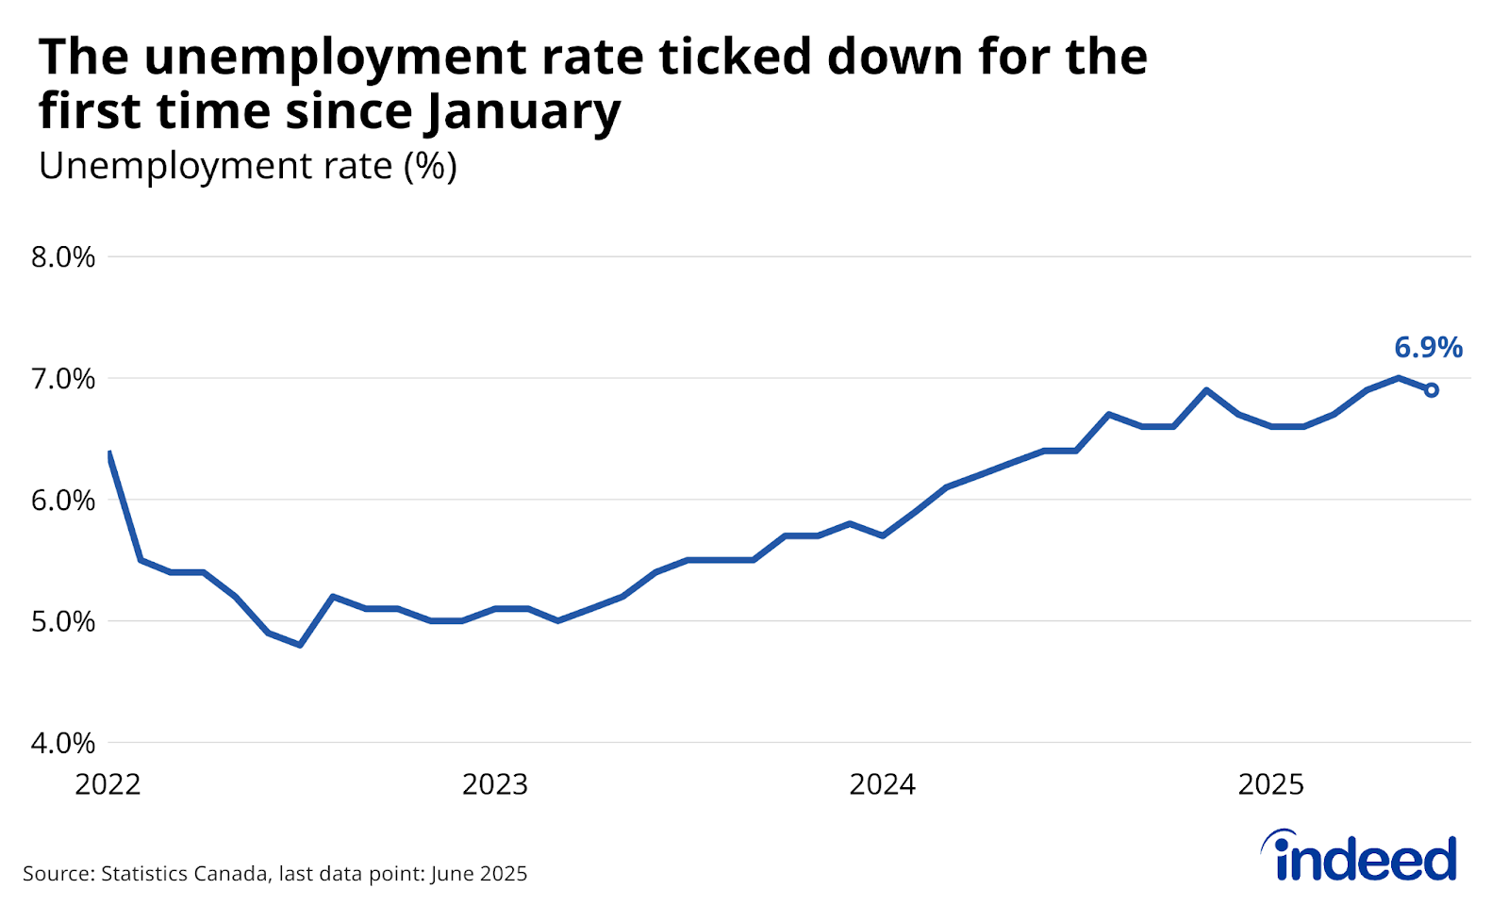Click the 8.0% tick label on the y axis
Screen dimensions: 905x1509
point(63,257)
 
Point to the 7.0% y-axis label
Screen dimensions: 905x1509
point(63,379)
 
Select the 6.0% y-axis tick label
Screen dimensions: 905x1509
point(63,501)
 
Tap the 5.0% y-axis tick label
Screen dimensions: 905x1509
point(63,622)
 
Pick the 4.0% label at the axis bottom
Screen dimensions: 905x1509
point(63,743)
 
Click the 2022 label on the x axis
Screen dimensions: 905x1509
point(108,784)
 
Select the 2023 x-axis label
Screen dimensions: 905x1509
point(495,784)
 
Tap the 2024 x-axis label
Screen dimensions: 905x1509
point(883,784)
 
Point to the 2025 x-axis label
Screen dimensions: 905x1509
point(1270,784)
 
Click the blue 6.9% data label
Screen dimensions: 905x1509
point(1428,348)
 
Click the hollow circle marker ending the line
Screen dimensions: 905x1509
point(1431,390)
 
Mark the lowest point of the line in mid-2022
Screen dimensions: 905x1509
point(300,645)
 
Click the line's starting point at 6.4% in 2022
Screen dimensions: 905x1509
point(110,453)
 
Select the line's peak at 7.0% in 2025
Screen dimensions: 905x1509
point(1399,378)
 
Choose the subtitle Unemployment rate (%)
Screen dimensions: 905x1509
point(247,167)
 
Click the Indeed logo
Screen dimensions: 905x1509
point(1360,856)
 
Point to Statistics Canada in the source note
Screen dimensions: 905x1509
point(184,874)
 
